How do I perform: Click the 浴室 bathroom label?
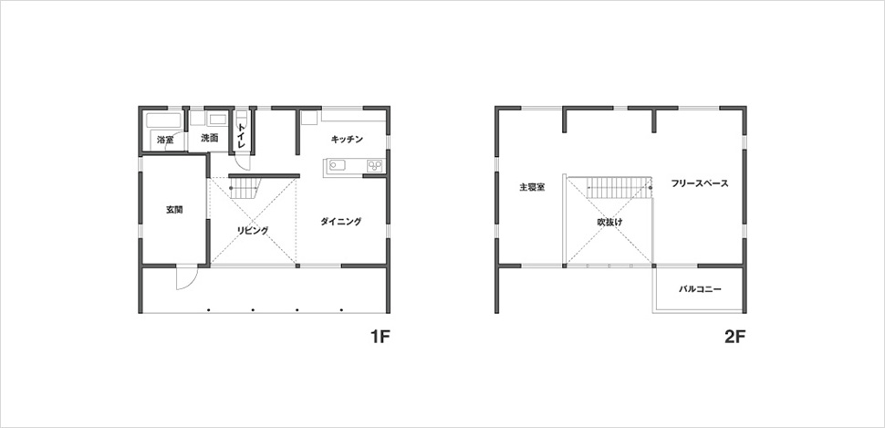pos(165,140)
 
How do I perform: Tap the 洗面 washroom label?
pos(210,138)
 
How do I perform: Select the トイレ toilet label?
pos(242,136)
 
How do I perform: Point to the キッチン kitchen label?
pos(347,139)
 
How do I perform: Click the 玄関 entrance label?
pos(174,210)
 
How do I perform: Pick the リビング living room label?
pos(253,230)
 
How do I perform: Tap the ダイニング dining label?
pos(340,222)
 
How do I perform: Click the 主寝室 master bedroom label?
pos(532,187)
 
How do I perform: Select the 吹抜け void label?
pos(609,223)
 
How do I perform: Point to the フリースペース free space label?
pos(700,183)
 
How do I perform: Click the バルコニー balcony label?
pos(700,289)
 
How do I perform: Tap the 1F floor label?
pos(380,337)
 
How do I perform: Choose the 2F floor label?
pos(735,337)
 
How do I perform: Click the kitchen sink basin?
pos(337,166)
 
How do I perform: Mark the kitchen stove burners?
pos(375,166)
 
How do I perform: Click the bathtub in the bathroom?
pos(163,120)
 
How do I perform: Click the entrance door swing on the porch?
pos(187,277)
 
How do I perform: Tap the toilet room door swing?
pos(244,162)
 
